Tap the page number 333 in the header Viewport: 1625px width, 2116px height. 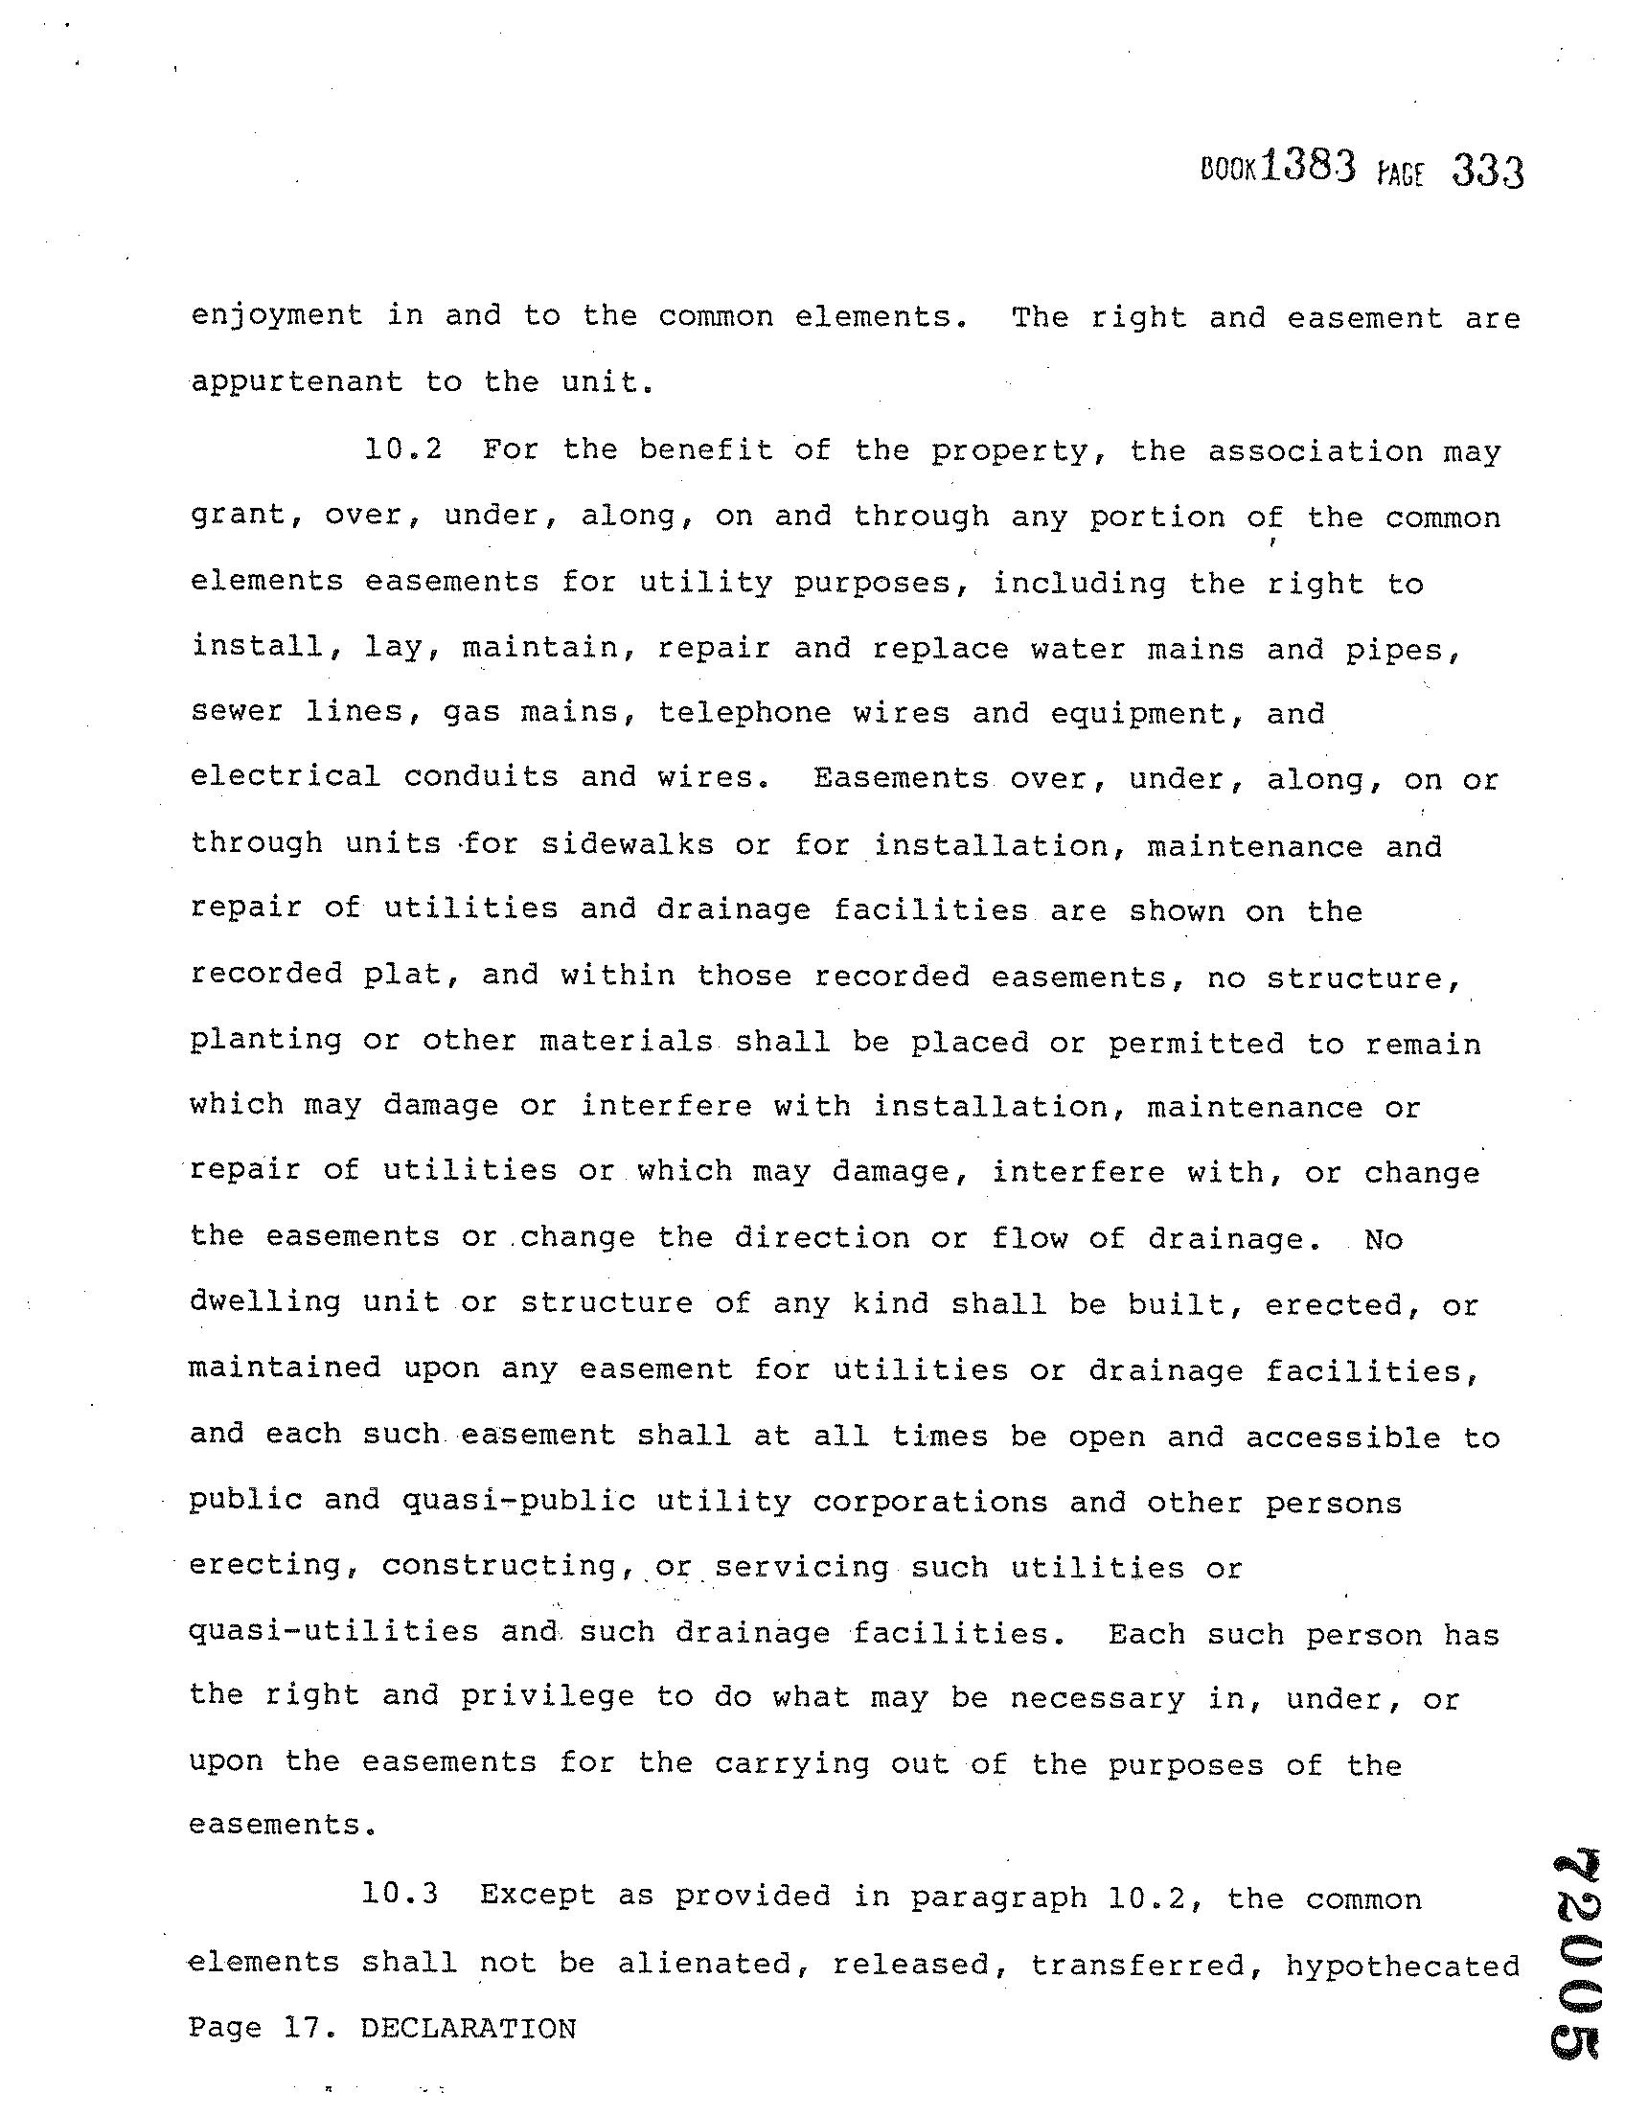click(1488, 174)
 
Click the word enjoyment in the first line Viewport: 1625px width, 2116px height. click(277, 316)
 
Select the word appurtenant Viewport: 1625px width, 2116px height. click(296, 382)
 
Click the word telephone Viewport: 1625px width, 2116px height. click(744, 713)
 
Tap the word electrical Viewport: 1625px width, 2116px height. click(286, 777)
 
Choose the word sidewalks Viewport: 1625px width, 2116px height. click(627, 844)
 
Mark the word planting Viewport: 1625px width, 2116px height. click(266, 1041)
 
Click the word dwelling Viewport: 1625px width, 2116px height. click(265, 1303)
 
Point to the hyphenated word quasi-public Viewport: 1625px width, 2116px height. click(518, 1501)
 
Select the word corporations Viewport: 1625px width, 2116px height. click(929, 1502)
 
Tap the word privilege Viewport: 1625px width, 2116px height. click(547, 1698)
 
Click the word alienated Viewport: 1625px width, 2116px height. click(713, 1964)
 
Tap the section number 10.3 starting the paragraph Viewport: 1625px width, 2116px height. click(400, 1895)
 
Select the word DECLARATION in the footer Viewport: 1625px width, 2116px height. click(469, 2029)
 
